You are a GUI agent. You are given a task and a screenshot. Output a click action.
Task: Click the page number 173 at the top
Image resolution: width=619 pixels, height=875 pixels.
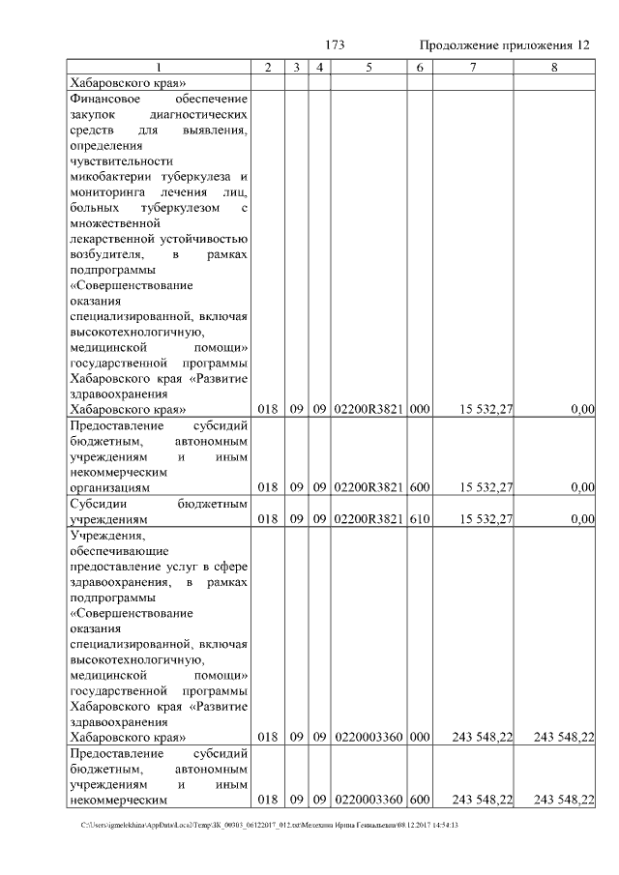[335, 45]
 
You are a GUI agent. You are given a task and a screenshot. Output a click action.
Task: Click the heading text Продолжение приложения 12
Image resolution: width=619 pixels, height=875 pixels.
[503, 45]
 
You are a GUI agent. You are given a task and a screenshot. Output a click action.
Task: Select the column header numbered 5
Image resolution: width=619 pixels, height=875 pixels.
[369, 68]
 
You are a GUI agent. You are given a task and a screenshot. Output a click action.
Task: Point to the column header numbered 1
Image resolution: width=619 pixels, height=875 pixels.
[160, 68]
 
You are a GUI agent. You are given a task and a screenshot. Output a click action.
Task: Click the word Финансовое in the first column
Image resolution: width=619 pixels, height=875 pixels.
[103, 99]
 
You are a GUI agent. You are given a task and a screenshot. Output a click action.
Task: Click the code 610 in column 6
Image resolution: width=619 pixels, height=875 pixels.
[419, 519]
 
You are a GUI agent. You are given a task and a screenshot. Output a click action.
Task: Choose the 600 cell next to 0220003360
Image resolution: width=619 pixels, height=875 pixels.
[419, 800]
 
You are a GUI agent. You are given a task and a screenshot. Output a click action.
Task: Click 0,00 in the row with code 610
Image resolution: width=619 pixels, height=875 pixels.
[582, 519]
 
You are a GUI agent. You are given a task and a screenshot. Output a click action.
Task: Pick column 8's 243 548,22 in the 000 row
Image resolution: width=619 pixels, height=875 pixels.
[563, 737]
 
